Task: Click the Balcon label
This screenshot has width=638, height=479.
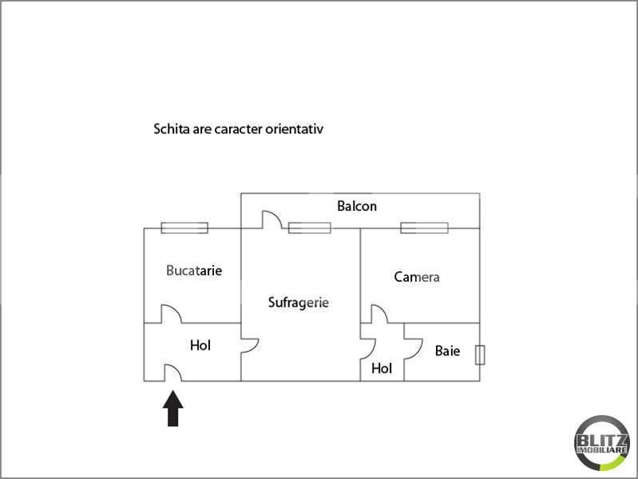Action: click(x=357, y=206)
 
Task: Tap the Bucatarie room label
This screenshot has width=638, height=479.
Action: click(x=194, y=271)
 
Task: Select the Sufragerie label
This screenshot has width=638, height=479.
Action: click(x=299, y=303)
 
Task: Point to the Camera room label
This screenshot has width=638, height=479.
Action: click(x=417, y=277)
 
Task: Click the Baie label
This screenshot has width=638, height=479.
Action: click(x=448, y=350)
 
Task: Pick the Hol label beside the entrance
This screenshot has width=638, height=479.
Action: click(x=200, y=346)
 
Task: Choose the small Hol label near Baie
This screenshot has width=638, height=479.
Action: click(x=382, y=369)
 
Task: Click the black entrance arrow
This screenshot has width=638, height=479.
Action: click(x=173, y=408)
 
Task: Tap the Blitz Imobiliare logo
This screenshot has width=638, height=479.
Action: click(x=602, y=443)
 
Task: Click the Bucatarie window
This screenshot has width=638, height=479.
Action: click(x=184, y=228)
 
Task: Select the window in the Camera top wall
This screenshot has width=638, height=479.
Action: click(x=424, y=228)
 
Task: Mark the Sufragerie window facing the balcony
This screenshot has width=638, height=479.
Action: click(x=310, y=228)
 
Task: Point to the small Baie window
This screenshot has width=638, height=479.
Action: click(x=480, y=355)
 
